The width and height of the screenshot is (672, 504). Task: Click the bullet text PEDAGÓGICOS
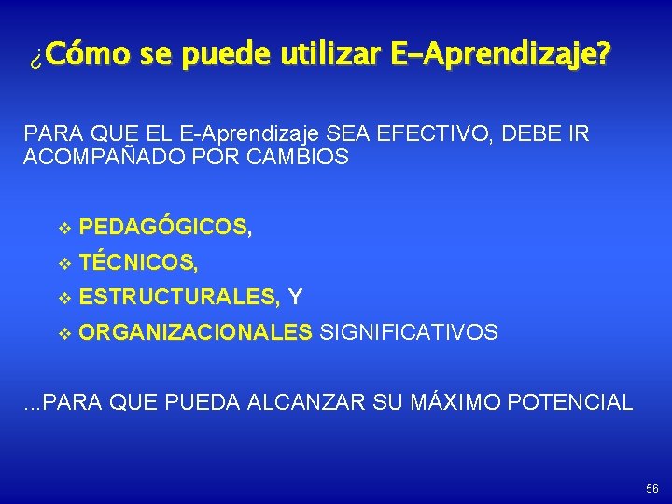(163, 227)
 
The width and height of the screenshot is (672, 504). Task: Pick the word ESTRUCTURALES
(177, 298)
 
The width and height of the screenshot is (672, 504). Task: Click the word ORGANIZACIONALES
(196, 332)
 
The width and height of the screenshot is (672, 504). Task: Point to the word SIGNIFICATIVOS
(409, 332)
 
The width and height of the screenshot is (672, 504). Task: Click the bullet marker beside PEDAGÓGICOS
(63, 228)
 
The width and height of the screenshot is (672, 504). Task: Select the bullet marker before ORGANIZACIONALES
(63, 333)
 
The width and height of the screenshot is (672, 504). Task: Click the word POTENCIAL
(577, 403)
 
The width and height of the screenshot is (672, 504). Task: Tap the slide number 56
(651, 489)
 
